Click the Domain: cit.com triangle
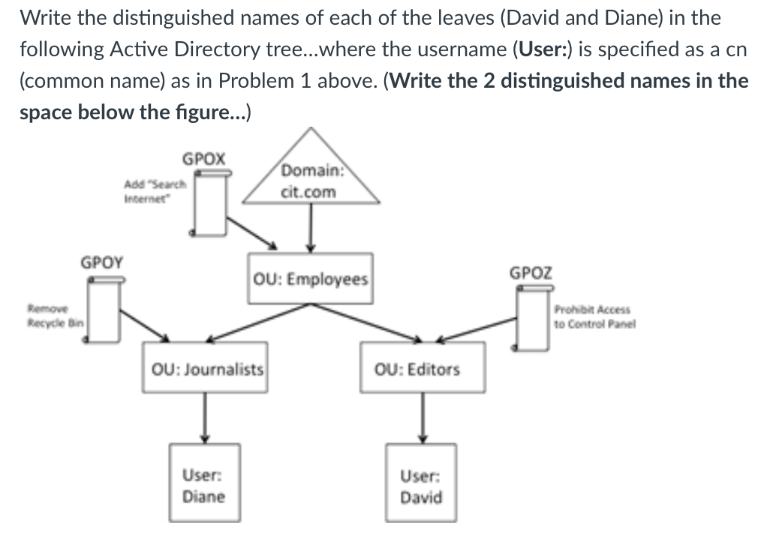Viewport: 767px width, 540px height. (309, 180)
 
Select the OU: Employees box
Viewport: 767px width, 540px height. (310, 279)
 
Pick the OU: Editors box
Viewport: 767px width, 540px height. (421, 369)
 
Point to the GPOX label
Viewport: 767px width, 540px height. (203, 159)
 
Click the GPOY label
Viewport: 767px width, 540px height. (103, 262)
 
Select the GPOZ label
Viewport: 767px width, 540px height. (531, 273)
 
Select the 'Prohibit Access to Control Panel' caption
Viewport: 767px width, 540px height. (593, 316)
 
